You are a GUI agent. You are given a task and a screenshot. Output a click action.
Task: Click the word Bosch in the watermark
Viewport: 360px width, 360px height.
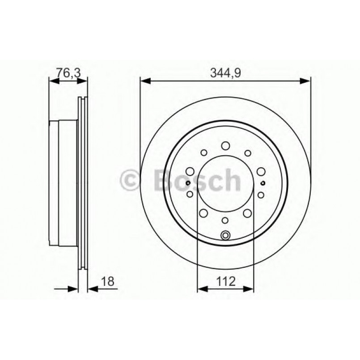click(x=197, y=180)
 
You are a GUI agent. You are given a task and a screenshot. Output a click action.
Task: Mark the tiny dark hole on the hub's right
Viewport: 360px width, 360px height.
click(x=263, y=183)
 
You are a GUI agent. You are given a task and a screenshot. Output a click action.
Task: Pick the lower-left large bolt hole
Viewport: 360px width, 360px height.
click(x=204, y=212)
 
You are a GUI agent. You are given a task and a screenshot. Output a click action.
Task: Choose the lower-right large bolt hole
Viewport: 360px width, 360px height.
click(x=246, y=212)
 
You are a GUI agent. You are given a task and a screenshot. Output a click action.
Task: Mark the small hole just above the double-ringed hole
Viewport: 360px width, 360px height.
click(x=225, y=220)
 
